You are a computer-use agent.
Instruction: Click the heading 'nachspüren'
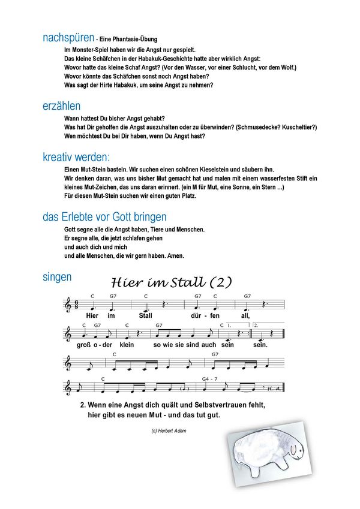click(68, 38)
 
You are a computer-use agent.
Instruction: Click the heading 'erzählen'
click(61, 106)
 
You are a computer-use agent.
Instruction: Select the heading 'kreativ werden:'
click(76, 158)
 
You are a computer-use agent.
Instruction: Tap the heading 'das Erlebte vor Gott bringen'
click(104, 217)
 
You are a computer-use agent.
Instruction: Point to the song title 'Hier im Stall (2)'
click(172, 282)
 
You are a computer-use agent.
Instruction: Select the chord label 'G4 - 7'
click(211, 379)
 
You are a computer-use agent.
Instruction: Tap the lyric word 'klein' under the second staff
click(126, 345)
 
